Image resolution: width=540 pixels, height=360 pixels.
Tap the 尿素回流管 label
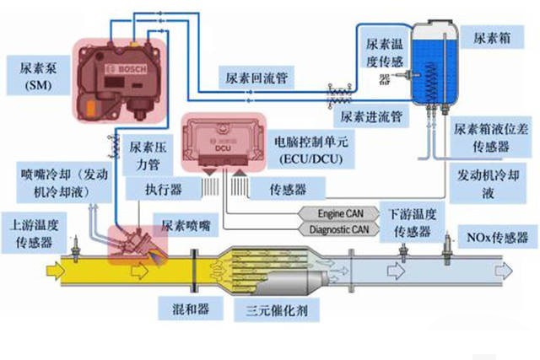pyautogui.click(x=254, y=78)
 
